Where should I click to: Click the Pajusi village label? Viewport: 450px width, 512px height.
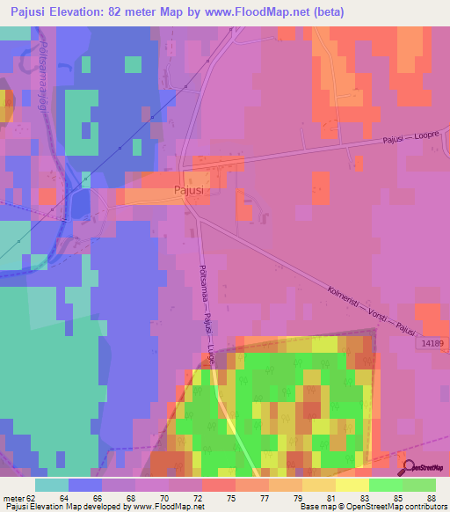click(x=188, y=189)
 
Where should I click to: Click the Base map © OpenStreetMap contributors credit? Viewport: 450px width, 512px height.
click(x=372, y=507)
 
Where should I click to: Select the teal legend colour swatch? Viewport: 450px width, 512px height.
click(x=52, y=485)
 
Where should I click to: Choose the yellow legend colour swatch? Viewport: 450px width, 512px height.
click(x=351, y=485)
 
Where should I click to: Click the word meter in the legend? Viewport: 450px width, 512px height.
click(x=14, y=498)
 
